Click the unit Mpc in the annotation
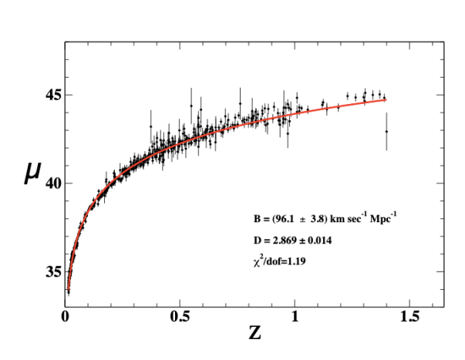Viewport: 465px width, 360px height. click(x=383, y=220)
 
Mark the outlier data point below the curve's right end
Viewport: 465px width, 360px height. click(x=386, y=132)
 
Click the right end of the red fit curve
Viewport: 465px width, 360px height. click(x=385, y=99)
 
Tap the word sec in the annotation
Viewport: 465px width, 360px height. click(x=352, y=220)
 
